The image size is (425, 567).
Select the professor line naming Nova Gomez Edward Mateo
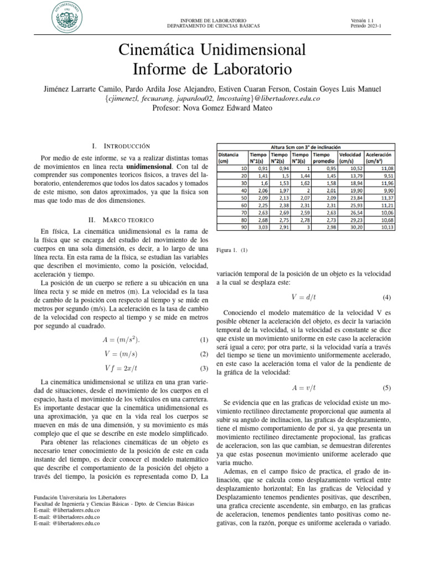tap(212, 108)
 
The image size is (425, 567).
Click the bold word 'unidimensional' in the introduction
tap(149, 166)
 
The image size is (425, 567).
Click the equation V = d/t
tap(302, 297)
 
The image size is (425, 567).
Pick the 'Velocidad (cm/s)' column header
tap(350, 158)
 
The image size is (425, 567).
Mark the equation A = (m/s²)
tap(121, 339)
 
